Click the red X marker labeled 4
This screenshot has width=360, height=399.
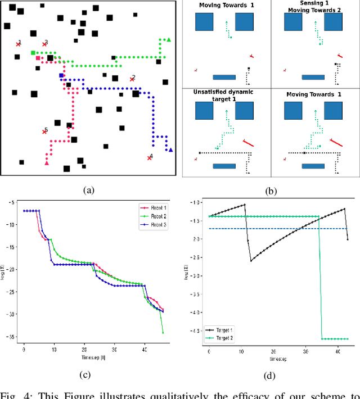click(149, 158)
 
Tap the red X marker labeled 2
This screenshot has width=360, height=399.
click(131, 80)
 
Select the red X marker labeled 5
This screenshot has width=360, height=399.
click(44, 132)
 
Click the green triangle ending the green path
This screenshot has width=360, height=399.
click(169, 39)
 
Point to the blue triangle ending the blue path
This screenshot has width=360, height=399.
click(170, 149)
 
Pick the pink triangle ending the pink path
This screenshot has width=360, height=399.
click(47, 163)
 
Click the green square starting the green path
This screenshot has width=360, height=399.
click(33, 53)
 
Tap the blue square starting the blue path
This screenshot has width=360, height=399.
click(61, 75)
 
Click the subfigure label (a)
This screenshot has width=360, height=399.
click(88, 191)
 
